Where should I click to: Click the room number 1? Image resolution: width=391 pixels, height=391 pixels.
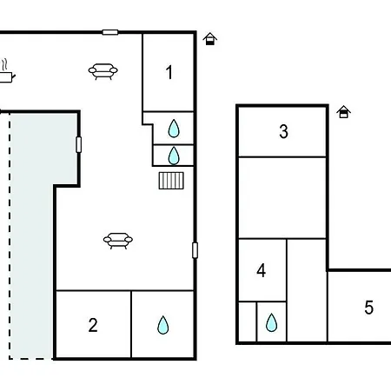pyautogui.click(x=169, y=72)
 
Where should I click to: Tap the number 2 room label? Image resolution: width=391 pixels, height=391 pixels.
pyautogui.click(x=93, y=325)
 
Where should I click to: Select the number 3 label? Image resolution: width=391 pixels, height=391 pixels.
pyautogui.click(x=283, y=131)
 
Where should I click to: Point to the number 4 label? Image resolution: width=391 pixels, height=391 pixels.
pyautogui.click(x=262, y=270)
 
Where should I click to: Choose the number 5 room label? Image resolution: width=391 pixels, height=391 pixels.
pyautogui.click(x=368, y=308)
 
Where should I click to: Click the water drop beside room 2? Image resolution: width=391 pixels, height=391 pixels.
pyautogui.click(x=162, y=325)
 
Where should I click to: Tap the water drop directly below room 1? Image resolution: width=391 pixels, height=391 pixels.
pyautogui.click(x=174, y=129)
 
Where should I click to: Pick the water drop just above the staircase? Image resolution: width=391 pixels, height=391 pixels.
pyautogui.click(x=174, y=156)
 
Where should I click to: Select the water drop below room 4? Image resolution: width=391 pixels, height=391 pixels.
pyautogui.click(x=271, y=322)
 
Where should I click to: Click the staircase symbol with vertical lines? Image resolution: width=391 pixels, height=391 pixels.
pyautogui.click(x=171, y=181)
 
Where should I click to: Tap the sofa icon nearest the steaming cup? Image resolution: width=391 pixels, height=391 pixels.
pyautogui.click(x=103, y=71)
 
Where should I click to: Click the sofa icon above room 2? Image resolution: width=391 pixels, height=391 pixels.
pyautogui.click(x=118, y=241)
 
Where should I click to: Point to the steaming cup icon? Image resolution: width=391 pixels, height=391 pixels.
pyautogui.click(x=6, y=71)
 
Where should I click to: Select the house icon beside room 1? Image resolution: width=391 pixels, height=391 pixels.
pyautogui.click(x=210, y=39)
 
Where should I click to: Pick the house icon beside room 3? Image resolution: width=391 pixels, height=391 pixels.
pyautogui.click(x=343, y=112)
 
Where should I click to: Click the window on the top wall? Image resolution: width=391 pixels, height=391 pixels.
pyautogui.click(x=110, y=32)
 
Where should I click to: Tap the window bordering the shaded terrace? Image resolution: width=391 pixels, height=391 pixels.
pyautogui.click(x=78, y=144)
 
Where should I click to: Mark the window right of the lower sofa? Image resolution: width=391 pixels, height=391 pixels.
pyautogui.click(x=195, y=250)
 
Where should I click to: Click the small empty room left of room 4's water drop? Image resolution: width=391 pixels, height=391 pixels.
pyautogui.click(x=248, y=321)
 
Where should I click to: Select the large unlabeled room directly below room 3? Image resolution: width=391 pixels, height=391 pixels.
pyautogui.click(x=282, y=198)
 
